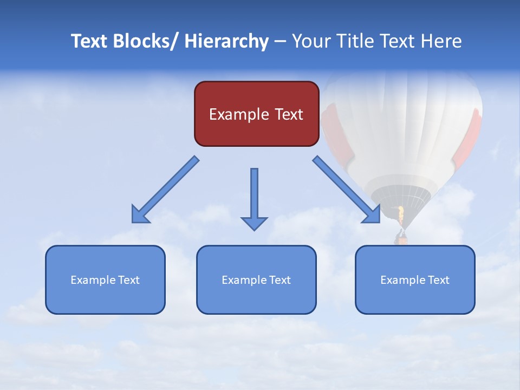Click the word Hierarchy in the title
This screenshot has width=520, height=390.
[x=226, y=41]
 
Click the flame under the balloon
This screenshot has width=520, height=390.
[x=401, y=215]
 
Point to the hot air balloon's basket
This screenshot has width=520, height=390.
[x=401, y=236]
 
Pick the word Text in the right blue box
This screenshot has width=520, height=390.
[x=439, y=280]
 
